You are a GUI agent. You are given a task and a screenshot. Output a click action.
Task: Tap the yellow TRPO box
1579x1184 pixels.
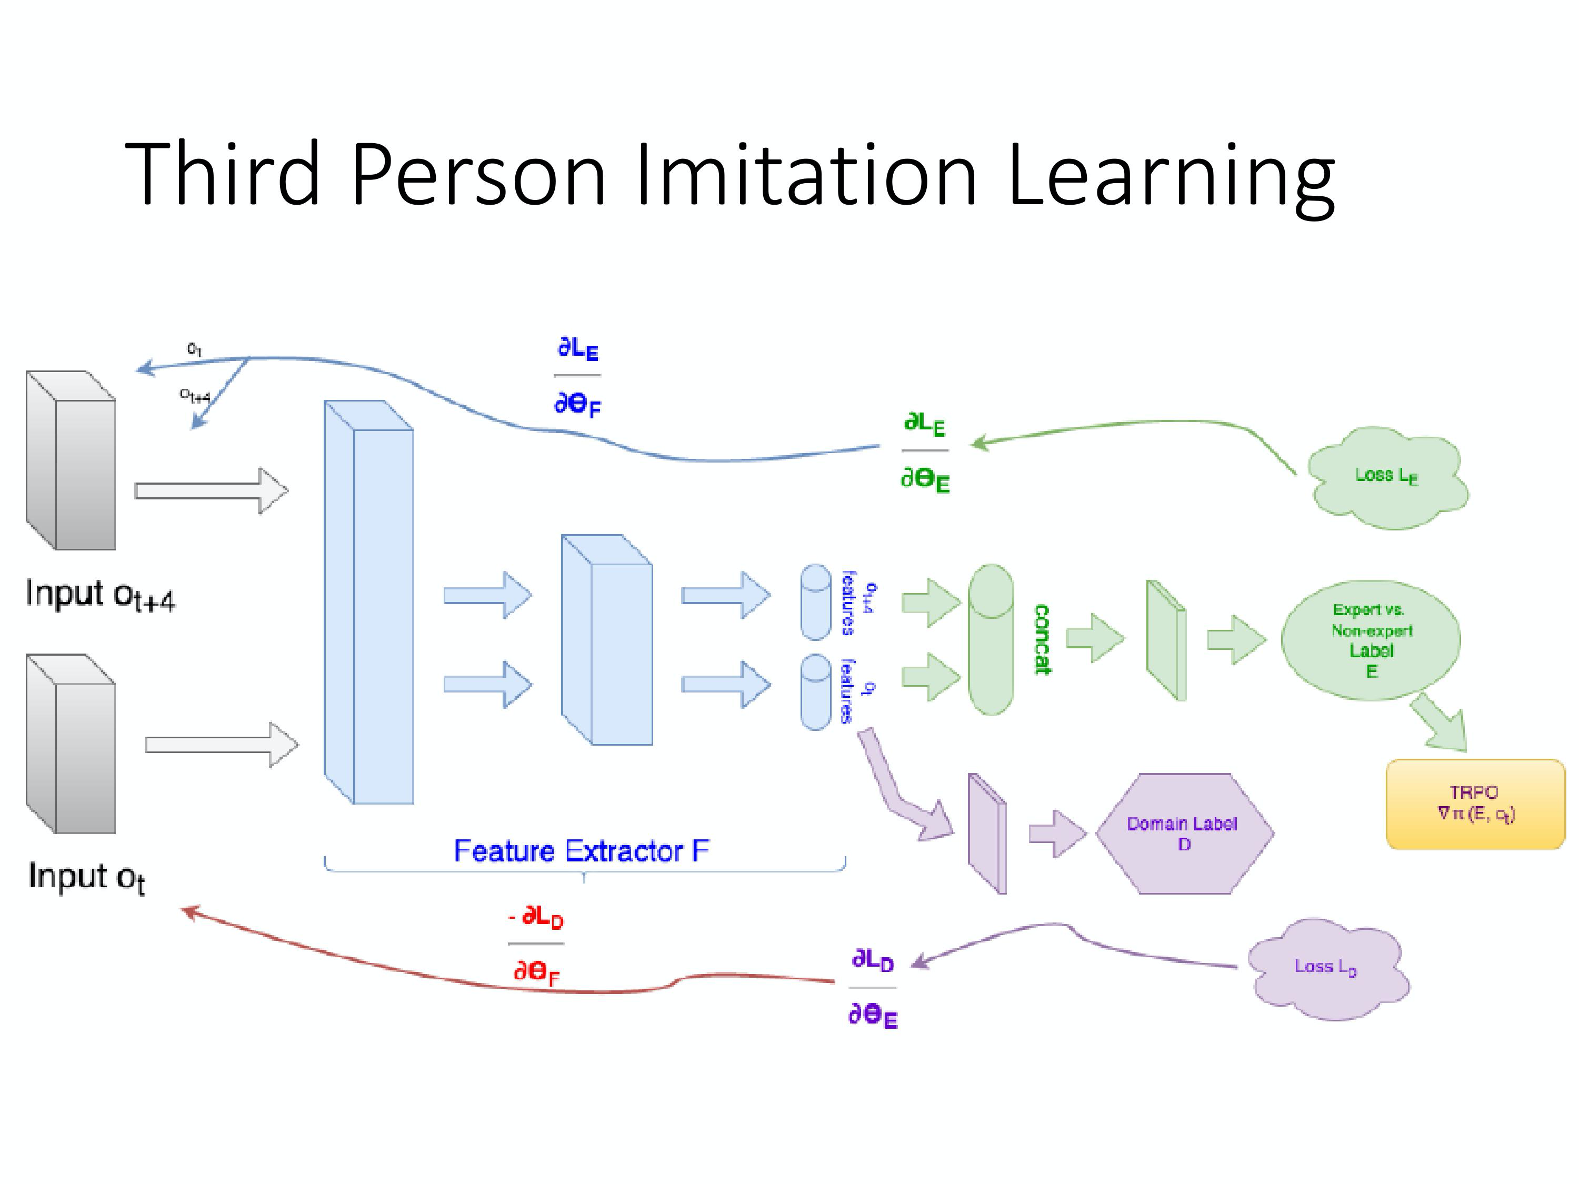[x=1475, y=804]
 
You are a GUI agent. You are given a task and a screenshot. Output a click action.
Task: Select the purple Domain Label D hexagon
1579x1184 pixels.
[x=1184, y=833]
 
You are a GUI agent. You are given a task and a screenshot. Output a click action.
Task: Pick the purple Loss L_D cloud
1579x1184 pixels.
[x=1326, y=967]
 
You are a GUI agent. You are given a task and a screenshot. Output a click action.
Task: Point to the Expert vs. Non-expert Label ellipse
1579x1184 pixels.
[x=1371, y=640]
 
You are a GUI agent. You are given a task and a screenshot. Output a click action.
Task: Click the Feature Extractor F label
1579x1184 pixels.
[x=581, y=851]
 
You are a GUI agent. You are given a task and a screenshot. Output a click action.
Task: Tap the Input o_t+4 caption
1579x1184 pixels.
[x=100, y=595]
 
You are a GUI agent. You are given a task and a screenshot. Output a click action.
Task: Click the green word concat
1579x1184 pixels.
[x=1042, y=639]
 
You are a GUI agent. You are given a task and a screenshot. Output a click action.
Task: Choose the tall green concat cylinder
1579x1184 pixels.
[x=991, y=639]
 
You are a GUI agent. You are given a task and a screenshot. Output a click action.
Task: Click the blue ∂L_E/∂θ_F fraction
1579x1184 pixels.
[x=577, y=376]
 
